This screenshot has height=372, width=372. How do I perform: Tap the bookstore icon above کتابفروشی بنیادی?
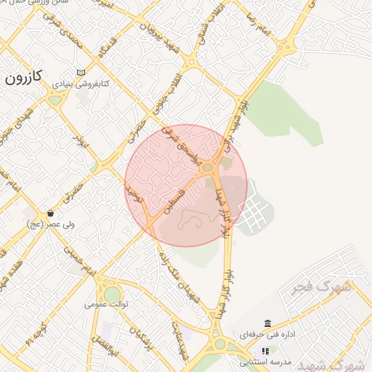click(80, 72)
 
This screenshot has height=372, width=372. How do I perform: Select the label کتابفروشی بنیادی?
click(81, 84)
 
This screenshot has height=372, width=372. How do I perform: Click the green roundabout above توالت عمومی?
click(113, 293)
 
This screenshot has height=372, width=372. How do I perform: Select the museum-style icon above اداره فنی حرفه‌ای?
click(268, 323)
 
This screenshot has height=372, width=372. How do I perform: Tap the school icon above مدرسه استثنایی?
click(265, 350)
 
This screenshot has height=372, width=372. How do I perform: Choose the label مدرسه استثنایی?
click(266, 362)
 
